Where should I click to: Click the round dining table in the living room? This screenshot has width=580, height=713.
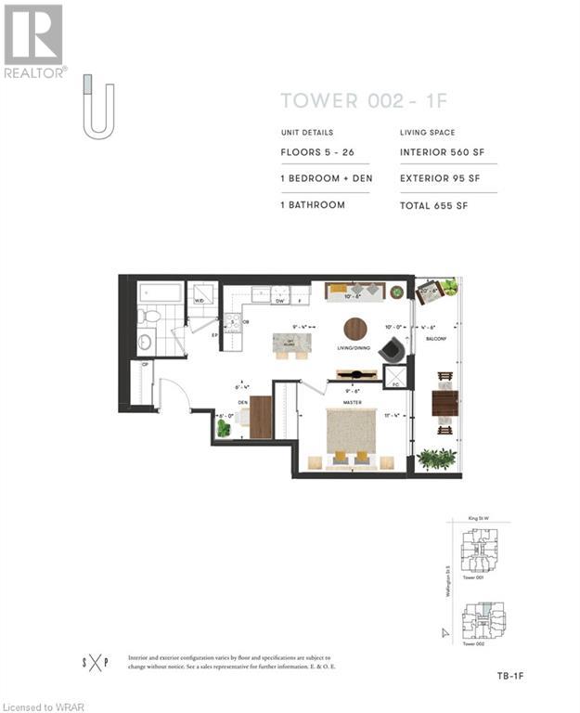pyautogui.click(x=355, y=329)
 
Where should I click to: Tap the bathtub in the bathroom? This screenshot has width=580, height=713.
pyautogui.click(x=161, y=293)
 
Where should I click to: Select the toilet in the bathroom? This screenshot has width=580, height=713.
pyautogui.click(x=150, y=317)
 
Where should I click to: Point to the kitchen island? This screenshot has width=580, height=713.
pyautogui.click(x=292, y=344)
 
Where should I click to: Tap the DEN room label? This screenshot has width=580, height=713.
pyautogui.click(x=243, y=403)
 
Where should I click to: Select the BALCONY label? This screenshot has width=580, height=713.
pyautogui.click(x=437, y=339)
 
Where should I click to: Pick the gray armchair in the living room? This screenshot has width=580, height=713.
pyautogui.click(x=393, y=350)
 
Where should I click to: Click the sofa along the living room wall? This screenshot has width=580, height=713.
pyautogui.click(x=354, y=291)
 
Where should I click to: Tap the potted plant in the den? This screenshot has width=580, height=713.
pyautogui.click(x=223, y=428)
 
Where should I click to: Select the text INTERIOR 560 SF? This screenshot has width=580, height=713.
pyautogui.click(x=442, y=152)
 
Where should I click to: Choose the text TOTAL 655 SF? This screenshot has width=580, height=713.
pyautogui.click(x=437, y=204)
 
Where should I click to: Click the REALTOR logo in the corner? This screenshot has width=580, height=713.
pyautogui.click(x=34, y=41)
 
